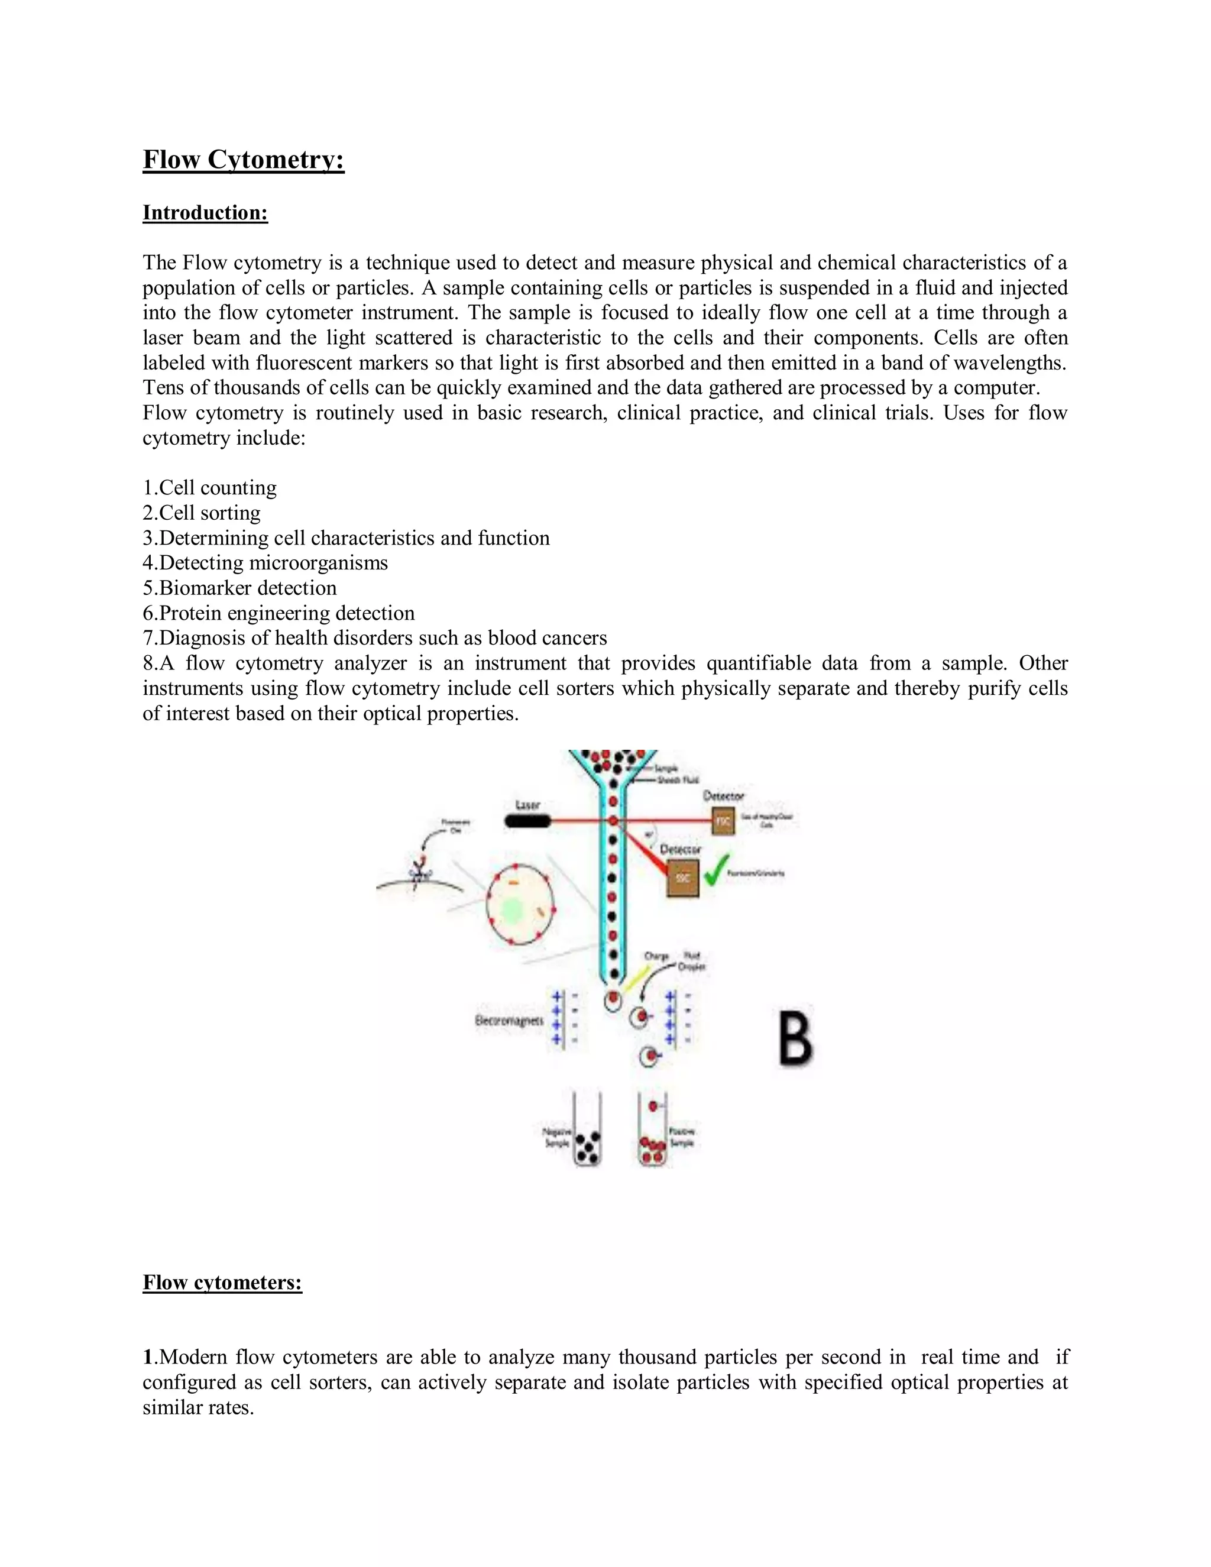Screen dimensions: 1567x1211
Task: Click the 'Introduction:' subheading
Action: (205, 212)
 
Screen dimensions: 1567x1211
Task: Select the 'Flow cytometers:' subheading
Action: (222, 1281)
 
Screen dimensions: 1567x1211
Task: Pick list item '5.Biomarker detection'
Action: (239, 588)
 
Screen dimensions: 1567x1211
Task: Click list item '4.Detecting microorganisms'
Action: (265, 562)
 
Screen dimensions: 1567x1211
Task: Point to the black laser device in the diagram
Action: (527, 821)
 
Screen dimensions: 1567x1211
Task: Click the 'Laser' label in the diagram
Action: (527, 805)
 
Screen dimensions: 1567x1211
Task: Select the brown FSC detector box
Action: (723, 821)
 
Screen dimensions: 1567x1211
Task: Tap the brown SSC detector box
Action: (682, 879)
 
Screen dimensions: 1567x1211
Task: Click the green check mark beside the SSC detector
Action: (716, 870)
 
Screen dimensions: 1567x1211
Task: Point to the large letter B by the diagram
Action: (796, 1035)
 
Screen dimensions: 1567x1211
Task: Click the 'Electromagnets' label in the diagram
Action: (509, 1020)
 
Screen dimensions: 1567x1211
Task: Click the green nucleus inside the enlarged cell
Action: (512, 911)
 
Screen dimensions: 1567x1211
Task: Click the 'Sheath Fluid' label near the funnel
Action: (678, 780)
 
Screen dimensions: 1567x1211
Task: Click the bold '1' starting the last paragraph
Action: (147, 1356)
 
